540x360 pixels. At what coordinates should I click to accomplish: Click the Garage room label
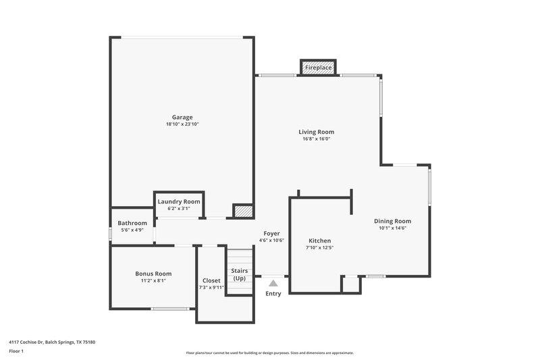(x=182, y=117)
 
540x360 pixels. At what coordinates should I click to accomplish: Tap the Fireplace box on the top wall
(x=318, y=68)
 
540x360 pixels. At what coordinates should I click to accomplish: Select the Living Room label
(x=317, y=132)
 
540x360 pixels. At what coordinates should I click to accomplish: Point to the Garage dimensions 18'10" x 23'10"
(x=182, y=124)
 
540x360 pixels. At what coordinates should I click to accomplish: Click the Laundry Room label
(x=179, y=201)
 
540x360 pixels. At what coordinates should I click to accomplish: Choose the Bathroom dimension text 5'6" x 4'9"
(x=132, y=230)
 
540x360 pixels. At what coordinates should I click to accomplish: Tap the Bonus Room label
(x=153, y=274)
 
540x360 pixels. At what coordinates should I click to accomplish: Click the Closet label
(x=211, y=280)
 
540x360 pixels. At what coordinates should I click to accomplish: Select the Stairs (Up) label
(x=239, y=274)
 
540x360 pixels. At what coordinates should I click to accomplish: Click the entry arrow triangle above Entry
(x=273, y=284)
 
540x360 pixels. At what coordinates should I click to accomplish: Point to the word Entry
(x=273, y=294)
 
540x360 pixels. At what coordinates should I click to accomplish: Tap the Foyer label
(x=271, y=233)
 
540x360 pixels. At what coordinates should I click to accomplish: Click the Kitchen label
(x=319, y=240)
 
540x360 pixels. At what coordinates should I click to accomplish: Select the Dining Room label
(x=392, y=221)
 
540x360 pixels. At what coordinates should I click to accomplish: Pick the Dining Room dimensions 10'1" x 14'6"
(x=392, y=228)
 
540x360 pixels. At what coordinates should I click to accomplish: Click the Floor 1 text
(x=16, y=351)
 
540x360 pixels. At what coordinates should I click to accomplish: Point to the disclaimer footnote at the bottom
(x=269, y=353)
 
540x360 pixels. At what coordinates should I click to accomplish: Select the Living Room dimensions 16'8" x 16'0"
(x=317, y=139)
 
